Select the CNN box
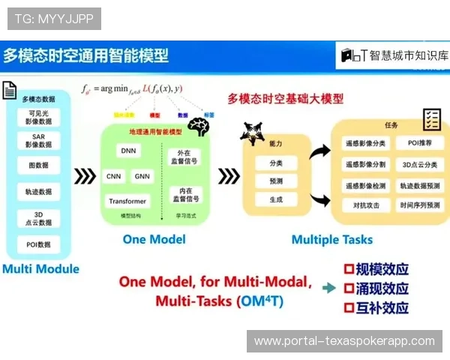point(114,177)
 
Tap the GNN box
point(142,177)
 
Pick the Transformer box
point(127,201)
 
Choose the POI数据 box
point(38,244)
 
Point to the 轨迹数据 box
point(38,192)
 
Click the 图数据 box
point(38,166)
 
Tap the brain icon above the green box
point(198,127)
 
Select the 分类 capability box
point(275,162)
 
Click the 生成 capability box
point(275,199)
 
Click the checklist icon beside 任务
point(431,118)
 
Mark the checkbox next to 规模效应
point(348,268)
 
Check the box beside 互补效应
point(348,307)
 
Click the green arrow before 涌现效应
point(328,287)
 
